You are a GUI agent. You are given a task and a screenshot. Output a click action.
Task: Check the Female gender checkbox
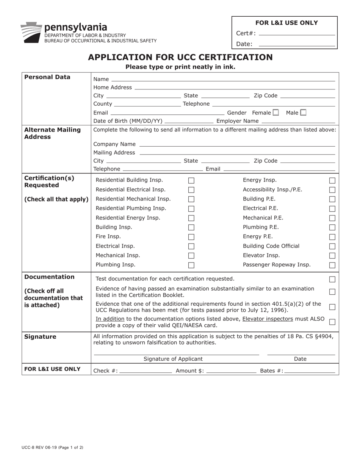tap(276, 113)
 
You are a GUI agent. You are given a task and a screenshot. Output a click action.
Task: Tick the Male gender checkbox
tap(303, 113)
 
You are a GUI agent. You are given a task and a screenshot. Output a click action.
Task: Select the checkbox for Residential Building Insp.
tap(191, 181)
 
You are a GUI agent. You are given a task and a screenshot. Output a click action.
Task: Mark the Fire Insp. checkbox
tap(191, 237)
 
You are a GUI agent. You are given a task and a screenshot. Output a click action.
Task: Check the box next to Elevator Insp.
tap(332, 256)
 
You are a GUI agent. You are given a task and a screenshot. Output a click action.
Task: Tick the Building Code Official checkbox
tap(332, 247)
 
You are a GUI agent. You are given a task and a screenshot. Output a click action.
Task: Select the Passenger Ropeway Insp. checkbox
tap(332, 265)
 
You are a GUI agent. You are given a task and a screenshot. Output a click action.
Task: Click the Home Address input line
tap(235, 88)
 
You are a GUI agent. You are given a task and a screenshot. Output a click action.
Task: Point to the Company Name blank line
tap(237, 145)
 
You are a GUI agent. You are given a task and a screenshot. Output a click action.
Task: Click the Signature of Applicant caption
tap(173, 359)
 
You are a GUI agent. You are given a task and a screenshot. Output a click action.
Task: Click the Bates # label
tap(271, 371)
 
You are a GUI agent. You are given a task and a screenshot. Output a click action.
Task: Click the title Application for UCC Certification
tap(180, 57)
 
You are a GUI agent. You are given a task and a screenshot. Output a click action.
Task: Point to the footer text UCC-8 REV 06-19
tap(52, 447)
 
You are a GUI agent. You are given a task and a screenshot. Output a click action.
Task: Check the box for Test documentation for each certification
tap(332, 280)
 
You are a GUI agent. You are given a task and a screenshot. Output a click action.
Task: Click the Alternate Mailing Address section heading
tap(52, 133)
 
